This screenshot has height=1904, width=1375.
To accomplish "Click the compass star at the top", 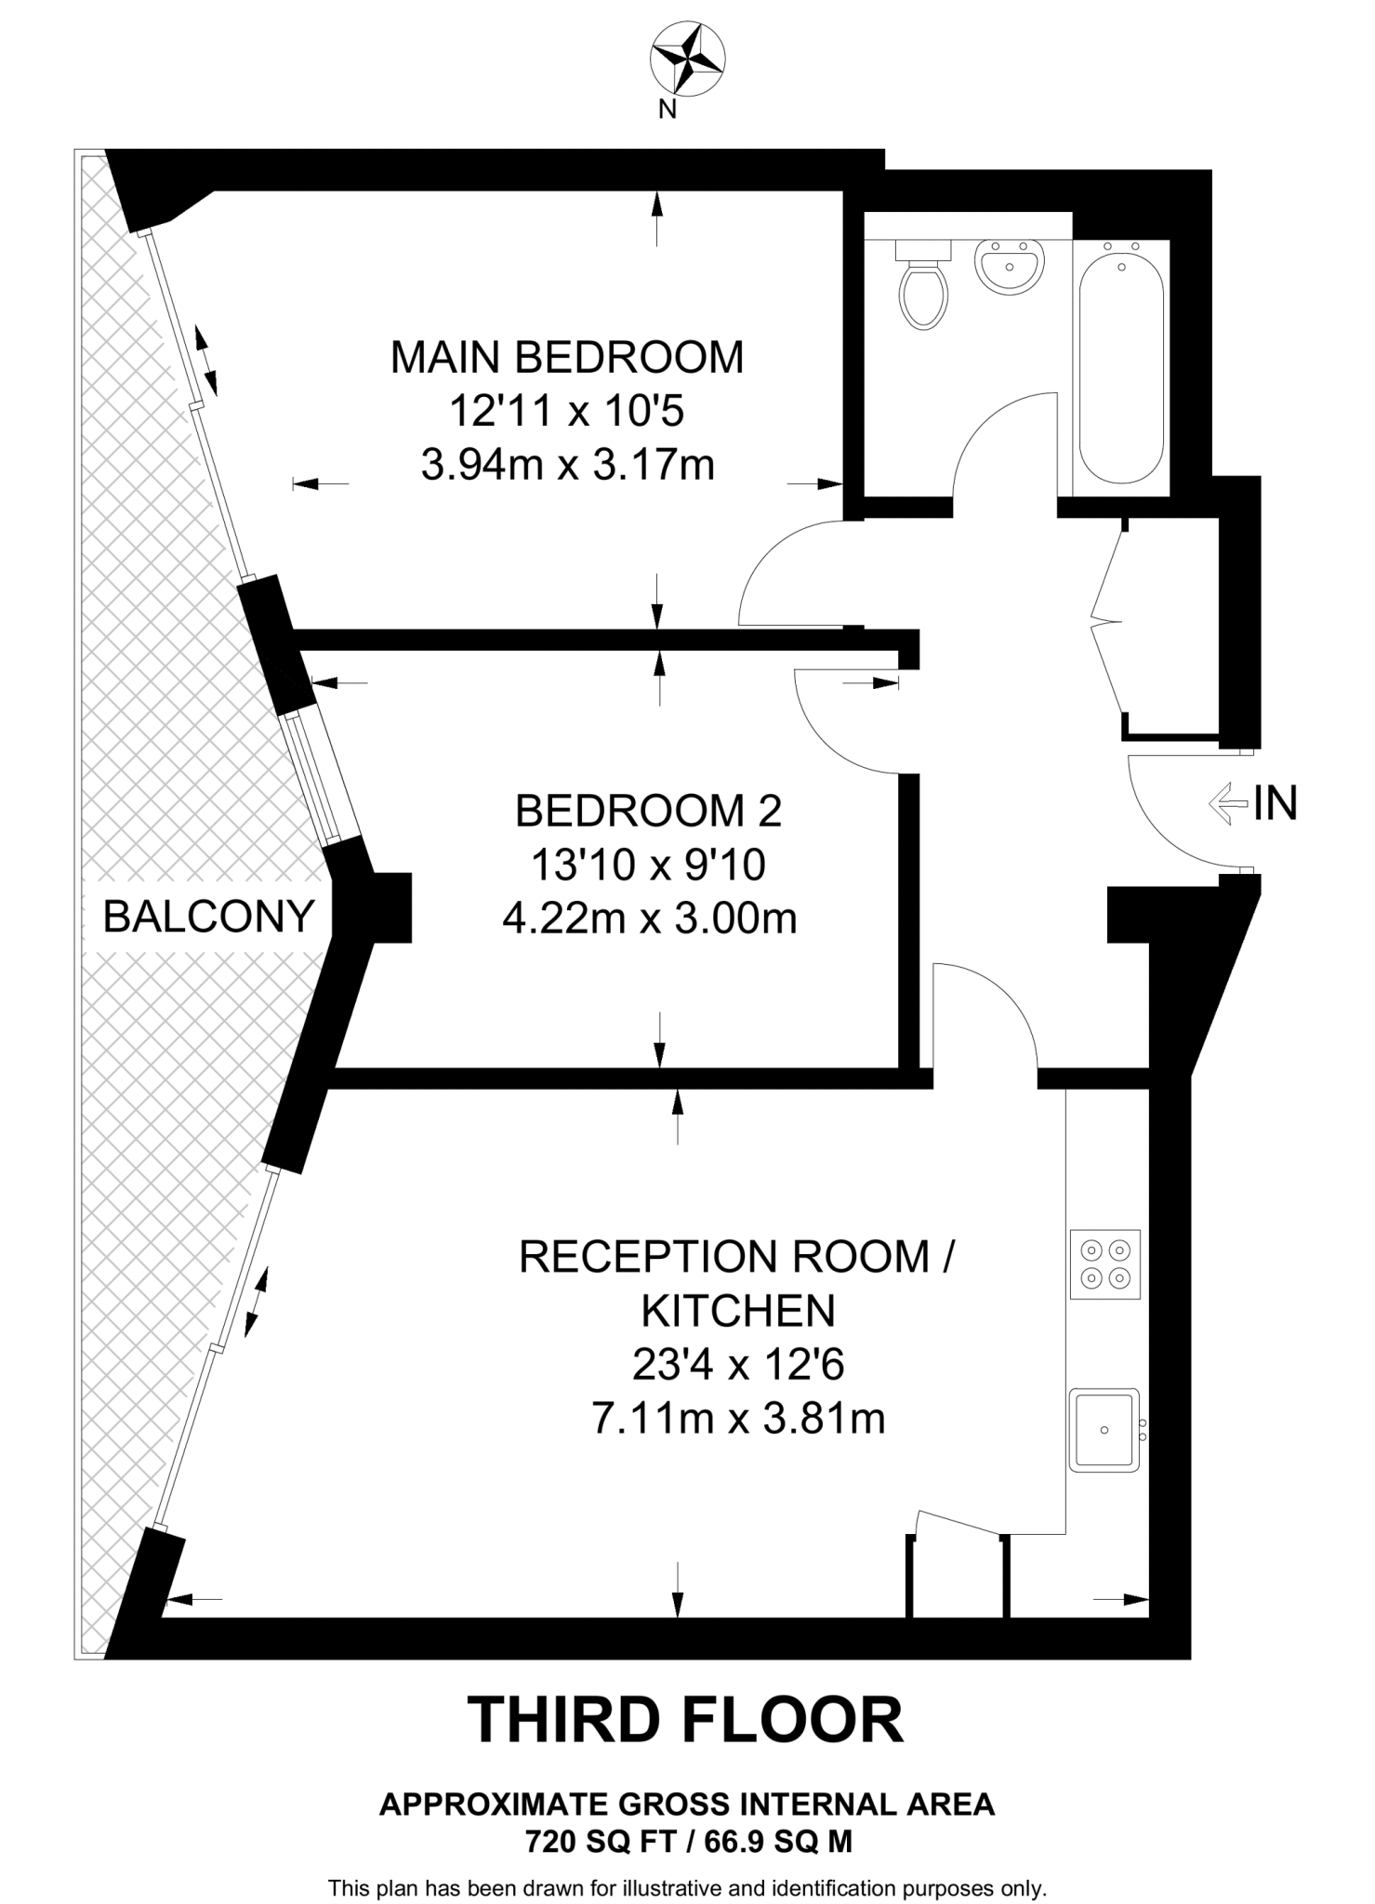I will click(x=687, y=60).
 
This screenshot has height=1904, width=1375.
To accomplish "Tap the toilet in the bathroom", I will click(x=923, y=288).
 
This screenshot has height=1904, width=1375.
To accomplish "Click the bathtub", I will click(x=1121, y=363).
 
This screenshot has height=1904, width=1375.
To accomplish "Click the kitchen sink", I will click(x=1104, y=1430).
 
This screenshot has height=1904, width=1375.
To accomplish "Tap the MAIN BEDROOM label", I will click(x=567, y=358).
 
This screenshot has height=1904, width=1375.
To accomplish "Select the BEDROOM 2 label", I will click(x=648, y=811).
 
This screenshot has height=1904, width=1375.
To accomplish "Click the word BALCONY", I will click(x=208, y=917).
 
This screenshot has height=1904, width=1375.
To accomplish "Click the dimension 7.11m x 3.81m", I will click(x=738, y=1420).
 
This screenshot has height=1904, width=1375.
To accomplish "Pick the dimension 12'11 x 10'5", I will click(x=567, y=411).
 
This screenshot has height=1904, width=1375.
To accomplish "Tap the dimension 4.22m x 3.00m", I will click(x=649, y=919).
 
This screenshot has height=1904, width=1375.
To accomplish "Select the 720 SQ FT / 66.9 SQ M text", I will click(x=688, y=1842).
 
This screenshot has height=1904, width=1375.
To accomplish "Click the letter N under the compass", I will click(x=667, y=110).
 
